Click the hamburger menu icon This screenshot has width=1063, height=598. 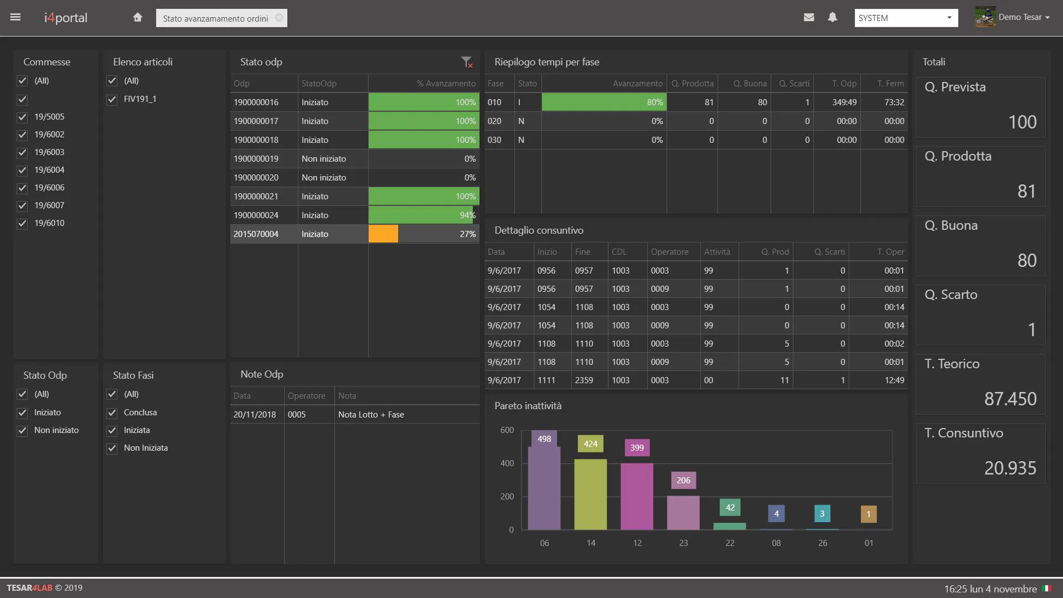16,17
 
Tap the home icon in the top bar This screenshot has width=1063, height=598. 138,17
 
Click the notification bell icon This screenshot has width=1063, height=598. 832,17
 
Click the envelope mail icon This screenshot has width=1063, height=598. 809,17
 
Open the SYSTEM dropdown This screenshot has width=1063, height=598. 906,18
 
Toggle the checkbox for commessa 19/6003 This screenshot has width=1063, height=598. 22,152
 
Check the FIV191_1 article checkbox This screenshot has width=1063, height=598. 112,99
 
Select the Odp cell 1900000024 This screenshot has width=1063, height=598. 256,215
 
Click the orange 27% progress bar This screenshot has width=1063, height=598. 383,234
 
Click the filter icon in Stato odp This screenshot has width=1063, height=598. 467,62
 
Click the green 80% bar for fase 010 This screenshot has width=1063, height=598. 603,102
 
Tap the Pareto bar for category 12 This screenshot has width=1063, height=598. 637,496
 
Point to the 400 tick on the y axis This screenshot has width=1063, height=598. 507,463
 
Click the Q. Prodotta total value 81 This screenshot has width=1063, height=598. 1026,192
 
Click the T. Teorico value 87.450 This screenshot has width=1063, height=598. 1010,399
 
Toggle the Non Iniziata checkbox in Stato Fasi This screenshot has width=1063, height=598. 112,448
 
